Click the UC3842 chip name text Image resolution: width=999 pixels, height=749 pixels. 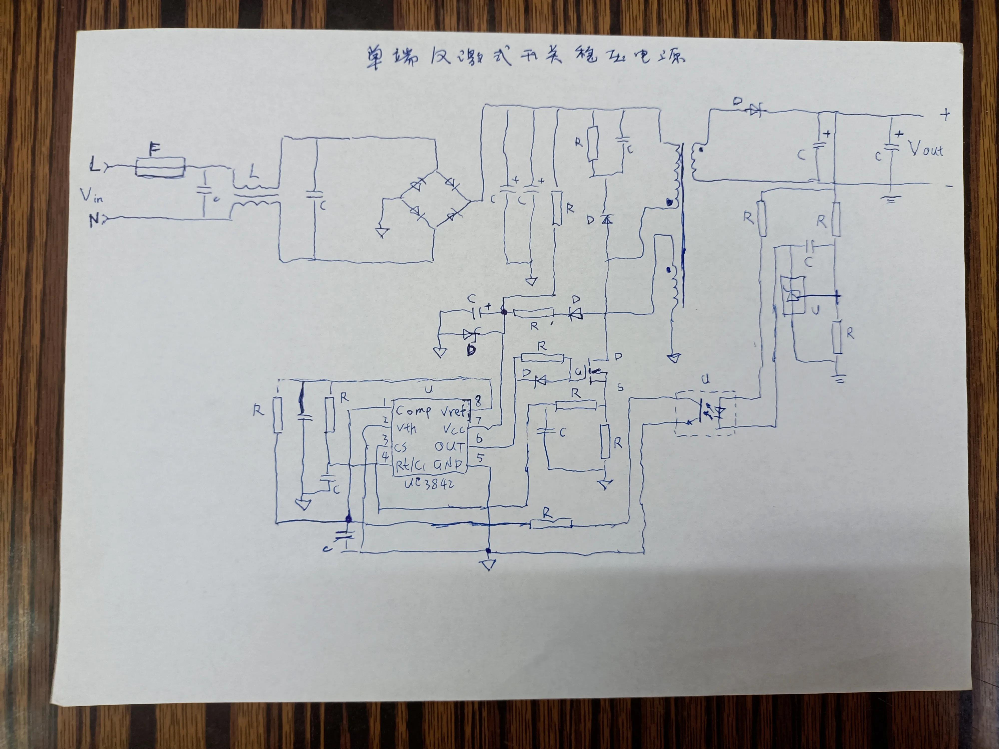pos(429,484)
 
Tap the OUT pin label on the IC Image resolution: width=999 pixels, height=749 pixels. pos(449,447)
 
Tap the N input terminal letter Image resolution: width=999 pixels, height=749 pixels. pos(94,220)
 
